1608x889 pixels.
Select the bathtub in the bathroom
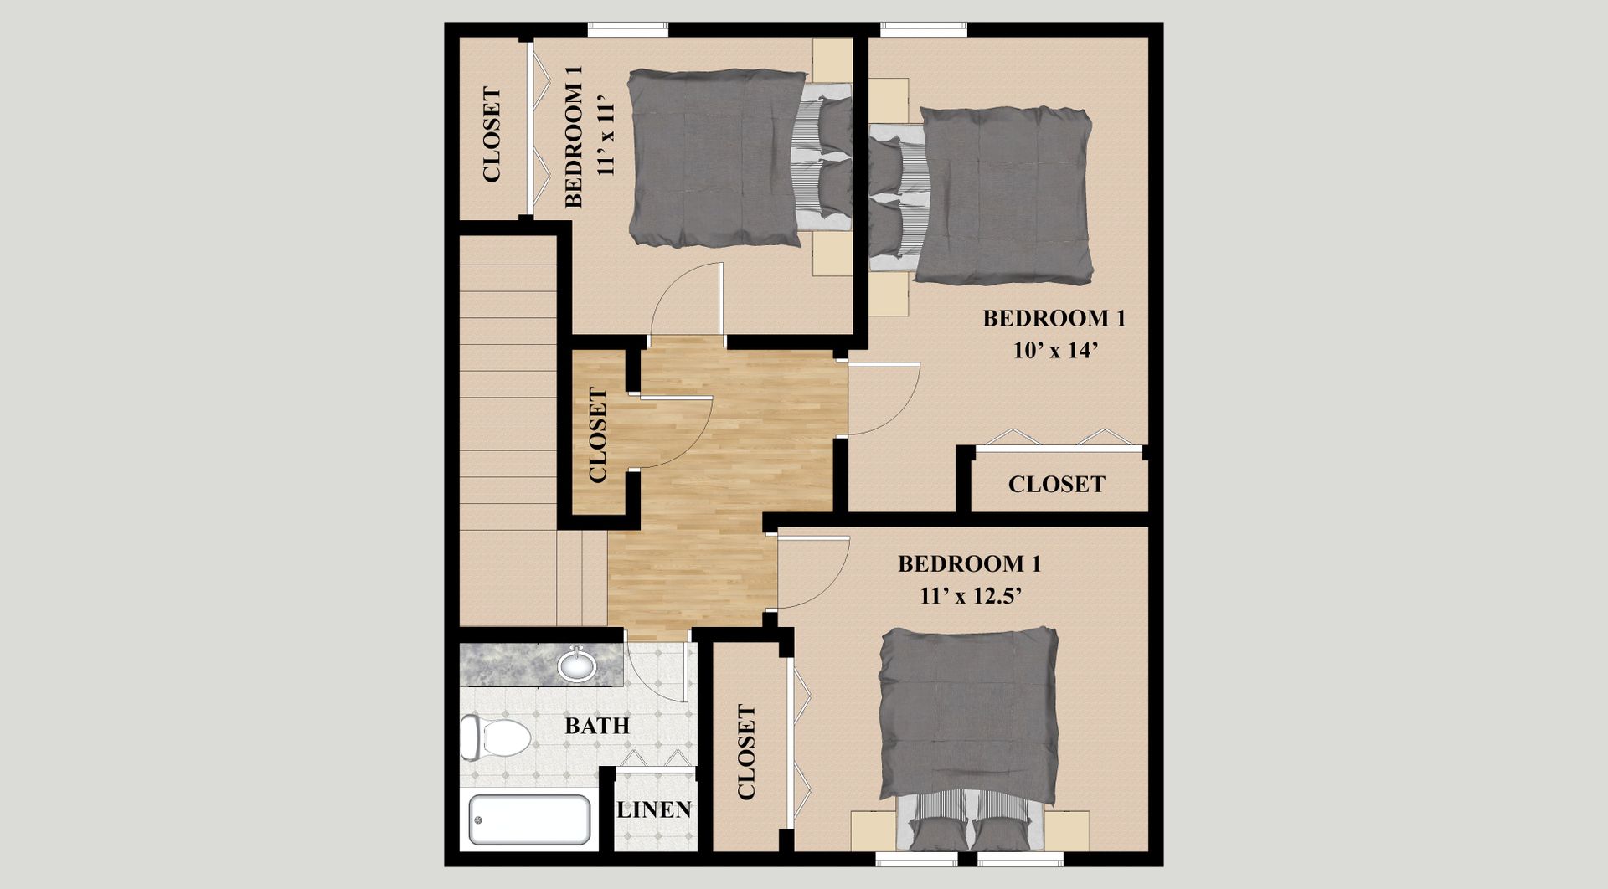529,820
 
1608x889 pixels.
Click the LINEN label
654,809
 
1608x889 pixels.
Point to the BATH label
597,725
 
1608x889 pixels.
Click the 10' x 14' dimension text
1055,351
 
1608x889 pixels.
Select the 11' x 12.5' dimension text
970,596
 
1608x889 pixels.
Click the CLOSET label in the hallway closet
598,434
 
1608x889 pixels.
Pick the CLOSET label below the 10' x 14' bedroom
1056,484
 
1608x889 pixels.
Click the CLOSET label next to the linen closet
746,752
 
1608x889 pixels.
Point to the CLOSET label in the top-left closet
492,135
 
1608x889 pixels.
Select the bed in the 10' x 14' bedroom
997,194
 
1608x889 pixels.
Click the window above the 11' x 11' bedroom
627,29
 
